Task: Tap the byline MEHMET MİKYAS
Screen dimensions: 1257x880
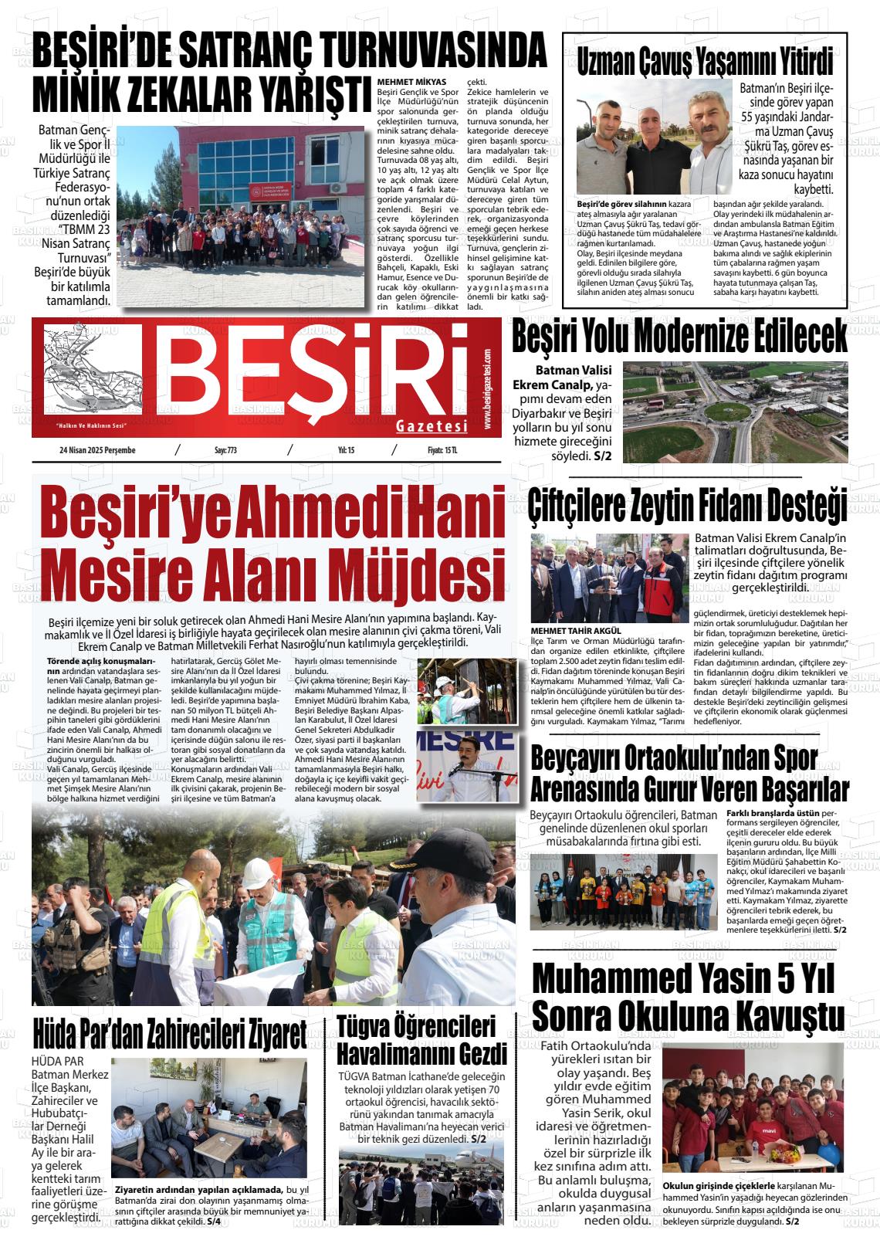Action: pos(411,81)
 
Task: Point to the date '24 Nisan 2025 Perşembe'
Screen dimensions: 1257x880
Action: pos(96,452)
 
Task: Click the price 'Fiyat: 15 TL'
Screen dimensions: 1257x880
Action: pos(442,452)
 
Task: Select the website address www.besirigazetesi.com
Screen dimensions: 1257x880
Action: pos(488,391)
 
